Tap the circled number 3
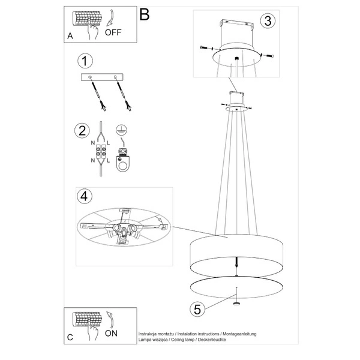[x=268, y=20]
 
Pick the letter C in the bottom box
[x=70, y=338]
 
